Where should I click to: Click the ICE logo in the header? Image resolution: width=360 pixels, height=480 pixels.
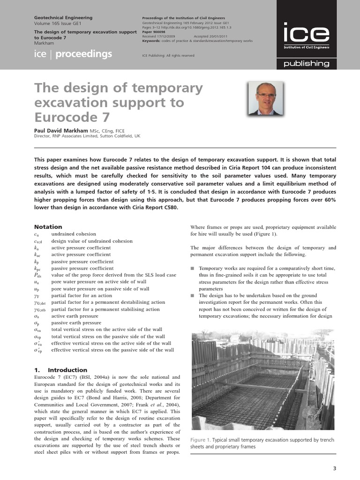[x=306, y=35]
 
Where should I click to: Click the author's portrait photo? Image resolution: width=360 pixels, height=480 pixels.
[x=265, y=98]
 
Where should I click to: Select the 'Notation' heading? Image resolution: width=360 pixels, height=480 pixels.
[x=48, y=226]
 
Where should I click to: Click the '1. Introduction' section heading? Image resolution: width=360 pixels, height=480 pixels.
[x=61, y=370]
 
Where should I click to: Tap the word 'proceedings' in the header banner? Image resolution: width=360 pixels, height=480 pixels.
[x=83, y=54]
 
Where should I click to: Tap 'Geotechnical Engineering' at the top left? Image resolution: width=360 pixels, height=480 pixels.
[x=63, y=18]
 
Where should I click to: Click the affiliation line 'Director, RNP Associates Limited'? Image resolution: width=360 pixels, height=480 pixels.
[x=87, y=136]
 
